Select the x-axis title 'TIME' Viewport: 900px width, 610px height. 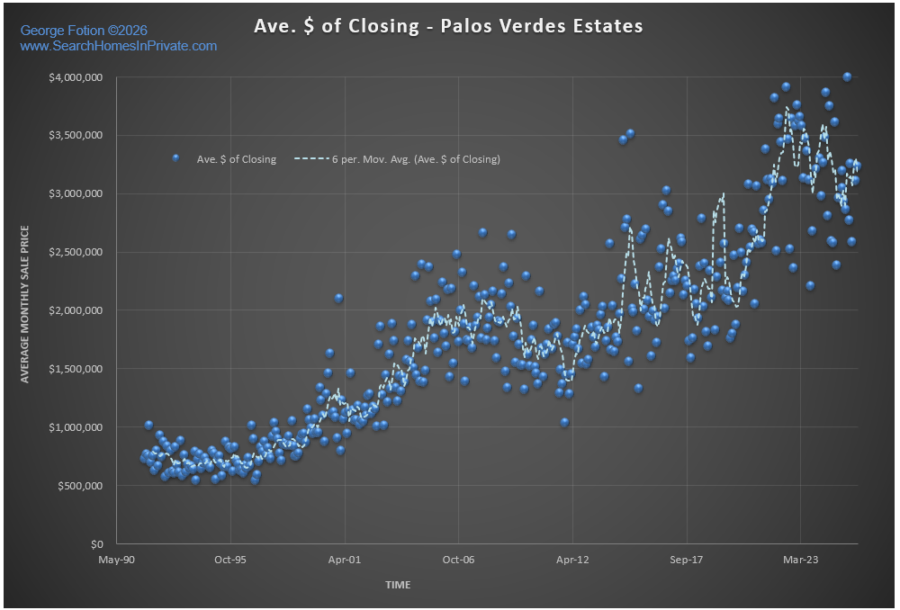click(x=398, y=585)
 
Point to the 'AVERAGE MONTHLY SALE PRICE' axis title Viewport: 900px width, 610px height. click(x=26, y=304)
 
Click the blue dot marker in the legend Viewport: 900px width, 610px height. click(x=176, y=158)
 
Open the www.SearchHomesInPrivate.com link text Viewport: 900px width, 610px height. click(x=118, y=46)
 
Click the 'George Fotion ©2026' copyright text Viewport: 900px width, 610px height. click(x=84, y=31)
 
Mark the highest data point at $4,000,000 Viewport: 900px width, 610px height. click(x=847, y=77)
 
